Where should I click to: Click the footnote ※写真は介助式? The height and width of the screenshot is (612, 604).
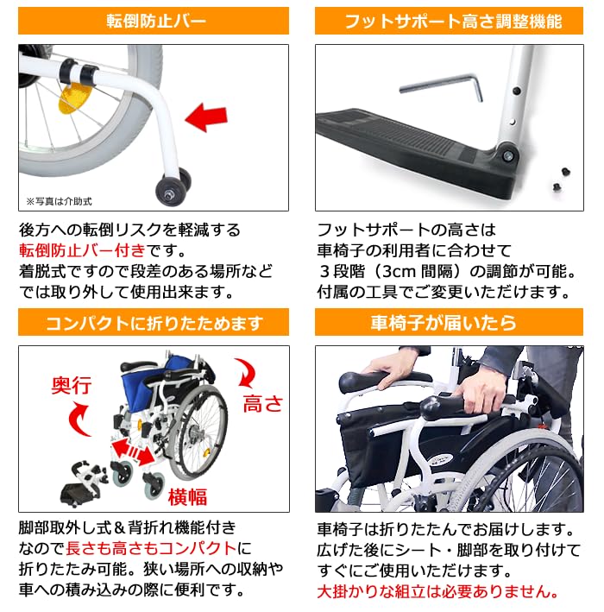point(58,201)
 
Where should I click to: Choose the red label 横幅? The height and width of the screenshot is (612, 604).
point(189,495)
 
